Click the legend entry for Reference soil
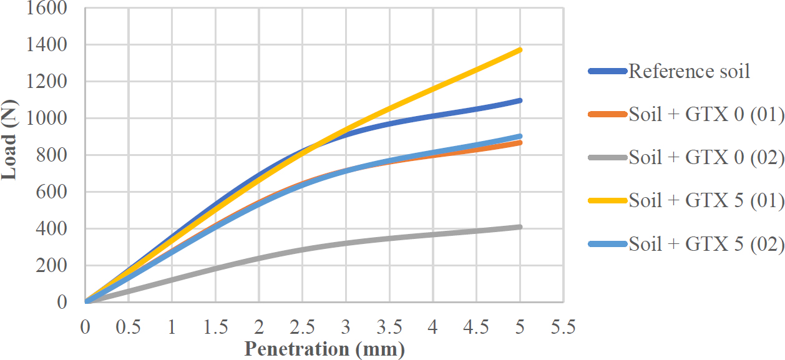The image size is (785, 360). pos(689,71)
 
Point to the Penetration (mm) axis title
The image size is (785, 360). pos(324,348)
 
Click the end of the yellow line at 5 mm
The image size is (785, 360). pos(520,49)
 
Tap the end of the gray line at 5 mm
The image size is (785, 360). pos(520,227)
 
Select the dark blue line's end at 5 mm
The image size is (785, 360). pos(520,100)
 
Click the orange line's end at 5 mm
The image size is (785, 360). pos(520,143)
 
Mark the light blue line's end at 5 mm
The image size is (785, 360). pos(520,136)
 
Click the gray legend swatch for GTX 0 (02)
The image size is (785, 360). pos(607,157)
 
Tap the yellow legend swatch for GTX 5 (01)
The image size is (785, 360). pos(607,201)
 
